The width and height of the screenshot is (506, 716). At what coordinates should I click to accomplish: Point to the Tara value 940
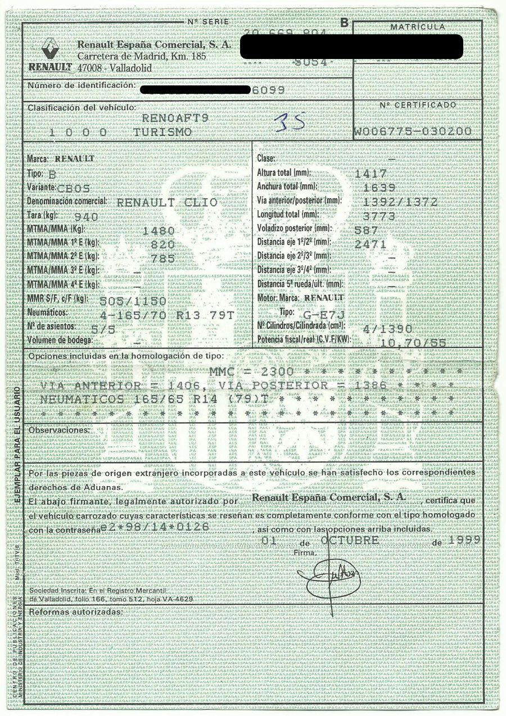pyautogui.click(x=87, y=216)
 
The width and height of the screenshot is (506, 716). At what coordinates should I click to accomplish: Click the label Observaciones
pyautogui.click(x=59, y=430)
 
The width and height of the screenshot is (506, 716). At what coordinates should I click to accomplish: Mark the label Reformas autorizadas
pyautogui.click(x=75, y=611)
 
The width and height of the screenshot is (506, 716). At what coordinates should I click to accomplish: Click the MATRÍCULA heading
pyautogui.click(x=417, y=26)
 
